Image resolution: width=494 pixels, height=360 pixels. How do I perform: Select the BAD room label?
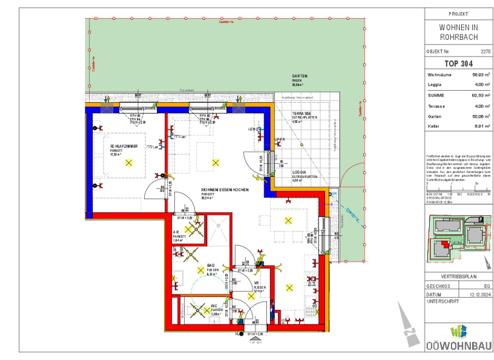coord(211,265)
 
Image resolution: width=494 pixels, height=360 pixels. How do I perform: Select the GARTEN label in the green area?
coord(300,75)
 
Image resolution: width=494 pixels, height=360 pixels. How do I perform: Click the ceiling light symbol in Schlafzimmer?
coord(128,163)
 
